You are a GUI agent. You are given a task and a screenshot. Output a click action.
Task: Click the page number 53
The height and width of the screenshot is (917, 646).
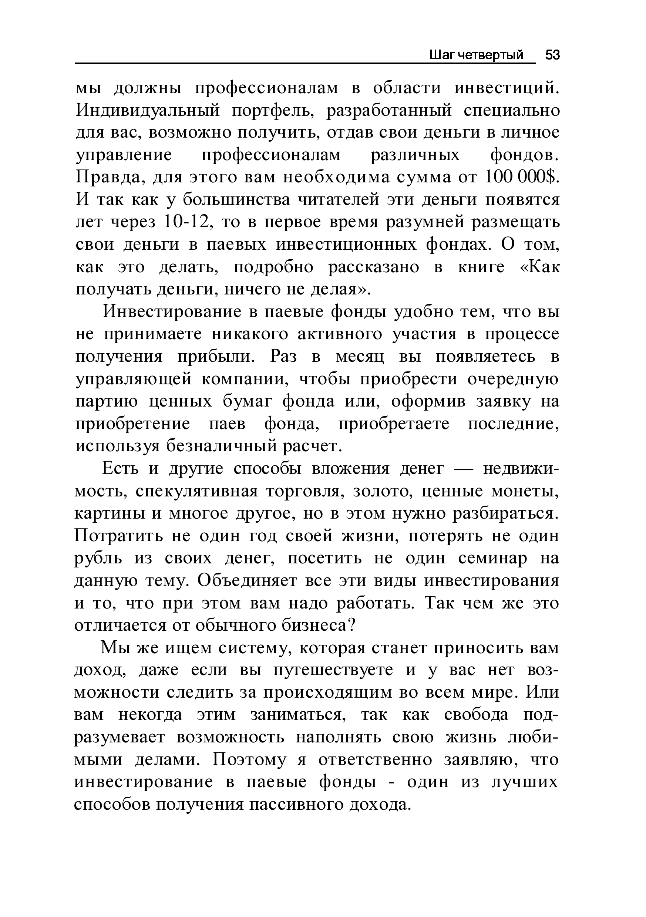tap(552, 55)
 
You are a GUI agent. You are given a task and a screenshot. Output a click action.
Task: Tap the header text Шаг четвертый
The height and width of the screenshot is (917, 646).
tap(476, 55)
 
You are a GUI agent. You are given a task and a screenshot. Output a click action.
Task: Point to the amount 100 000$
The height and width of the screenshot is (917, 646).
tap(521, 177)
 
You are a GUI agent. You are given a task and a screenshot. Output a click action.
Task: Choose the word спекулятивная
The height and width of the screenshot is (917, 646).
tap(197, 491)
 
